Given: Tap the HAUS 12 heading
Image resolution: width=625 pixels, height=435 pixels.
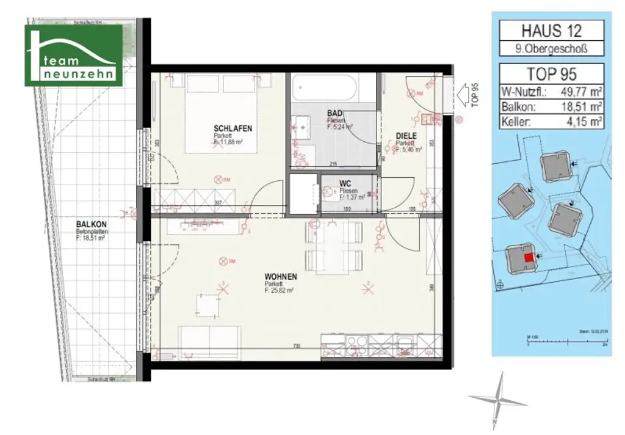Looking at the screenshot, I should [551, 31].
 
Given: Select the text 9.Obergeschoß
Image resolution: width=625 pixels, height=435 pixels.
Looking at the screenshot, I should [551, 49].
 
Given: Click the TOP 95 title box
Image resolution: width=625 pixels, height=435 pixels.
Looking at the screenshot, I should [551, 74].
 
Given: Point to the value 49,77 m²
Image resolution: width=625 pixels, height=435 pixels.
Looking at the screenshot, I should [580, 93].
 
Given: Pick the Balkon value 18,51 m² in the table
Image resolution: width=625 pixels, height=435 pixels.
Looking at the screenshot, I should [580, 107].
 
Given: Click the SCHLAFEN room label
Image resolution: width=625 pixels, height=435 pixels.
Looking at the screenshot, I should [233, 128].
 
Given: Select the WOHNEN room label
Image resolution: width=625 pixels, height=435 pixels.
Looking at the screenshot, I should [281, 277].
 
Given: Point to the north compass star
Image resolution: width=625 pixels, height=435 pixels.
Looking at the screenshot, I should [499, 398].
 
